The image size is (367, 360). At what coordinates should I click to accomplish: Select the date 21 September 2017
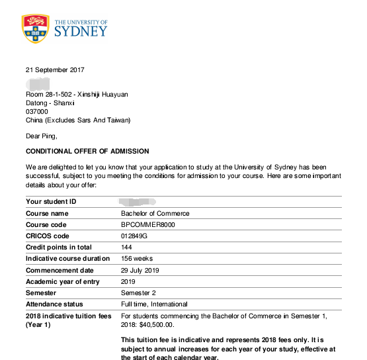pyautogui.click(x=55, y=70)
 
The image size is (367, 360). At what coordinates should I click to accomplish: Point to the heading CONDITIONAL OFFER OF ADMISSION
pyautogui.click(x=87, y=152)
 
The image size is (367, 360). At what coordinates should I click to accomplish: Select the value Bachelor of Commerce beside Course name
pyautogui.click(x=155, y=213)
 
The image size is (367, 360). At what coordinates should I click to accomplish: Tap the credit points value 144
pyautogui.click(x=127, y=247)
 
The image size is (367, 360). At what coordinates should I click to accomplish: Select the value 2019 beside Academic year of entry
pyautogui.click(x=129, y=281)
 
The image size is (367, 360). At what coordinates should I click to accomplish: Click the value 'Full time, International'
pyautogui.click(x=155, y=304)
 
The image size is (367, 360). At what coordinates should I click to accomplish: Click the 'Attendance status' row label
pyautogui.click(x=54, y=304)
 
